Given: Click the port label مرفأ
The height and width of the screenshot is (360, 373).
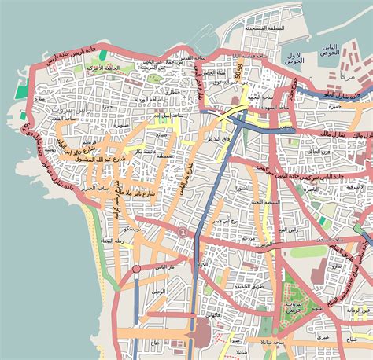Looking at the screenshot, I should click(346, 78).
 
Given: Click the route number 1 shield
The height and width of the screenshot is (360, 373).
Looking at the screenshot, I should click(183, 232).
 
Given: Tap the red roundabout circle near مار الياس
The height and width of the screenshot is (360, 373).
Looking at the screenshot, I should click(136, 269).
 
